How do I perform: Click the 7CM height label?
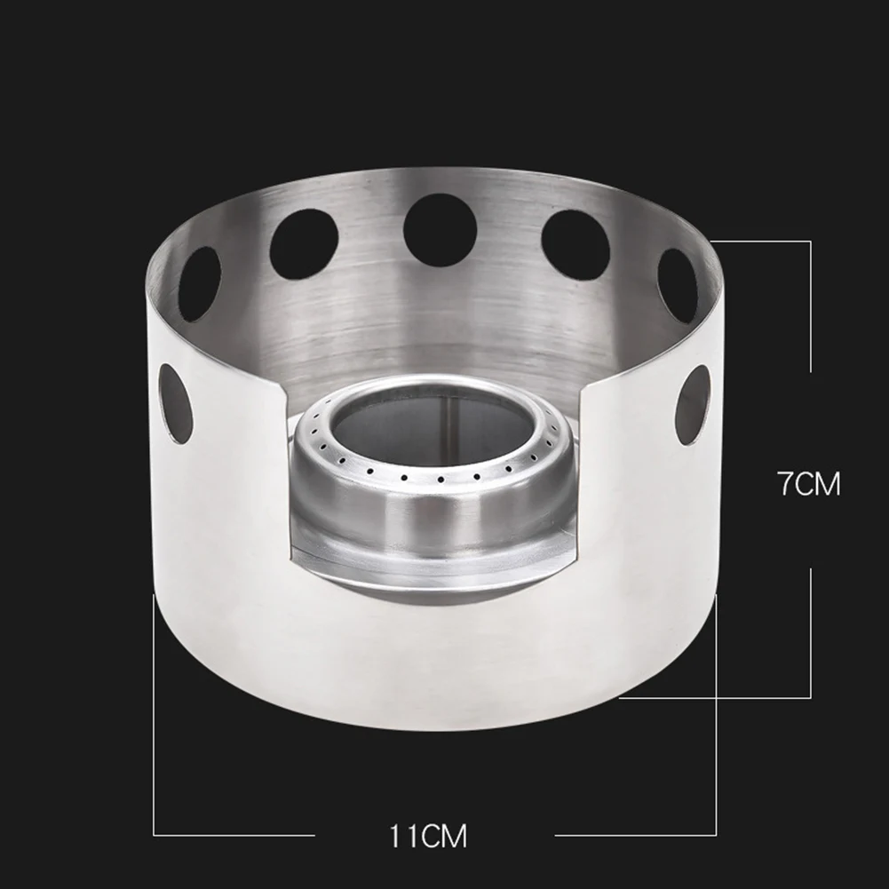pos(809,485)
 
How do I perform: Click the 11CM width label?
pos(428,836)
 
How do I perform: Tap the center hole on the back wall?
pos(441,230)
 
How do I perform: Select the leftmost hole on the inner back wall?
pos(199,283)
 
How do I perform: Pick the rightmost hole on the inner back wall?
pos(678,285)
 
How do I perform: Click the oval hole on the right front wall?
pos(694,404)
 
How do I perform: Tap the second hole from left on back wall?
pos(304,244)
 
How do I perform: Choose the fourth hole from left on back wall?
pos(575,245)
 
